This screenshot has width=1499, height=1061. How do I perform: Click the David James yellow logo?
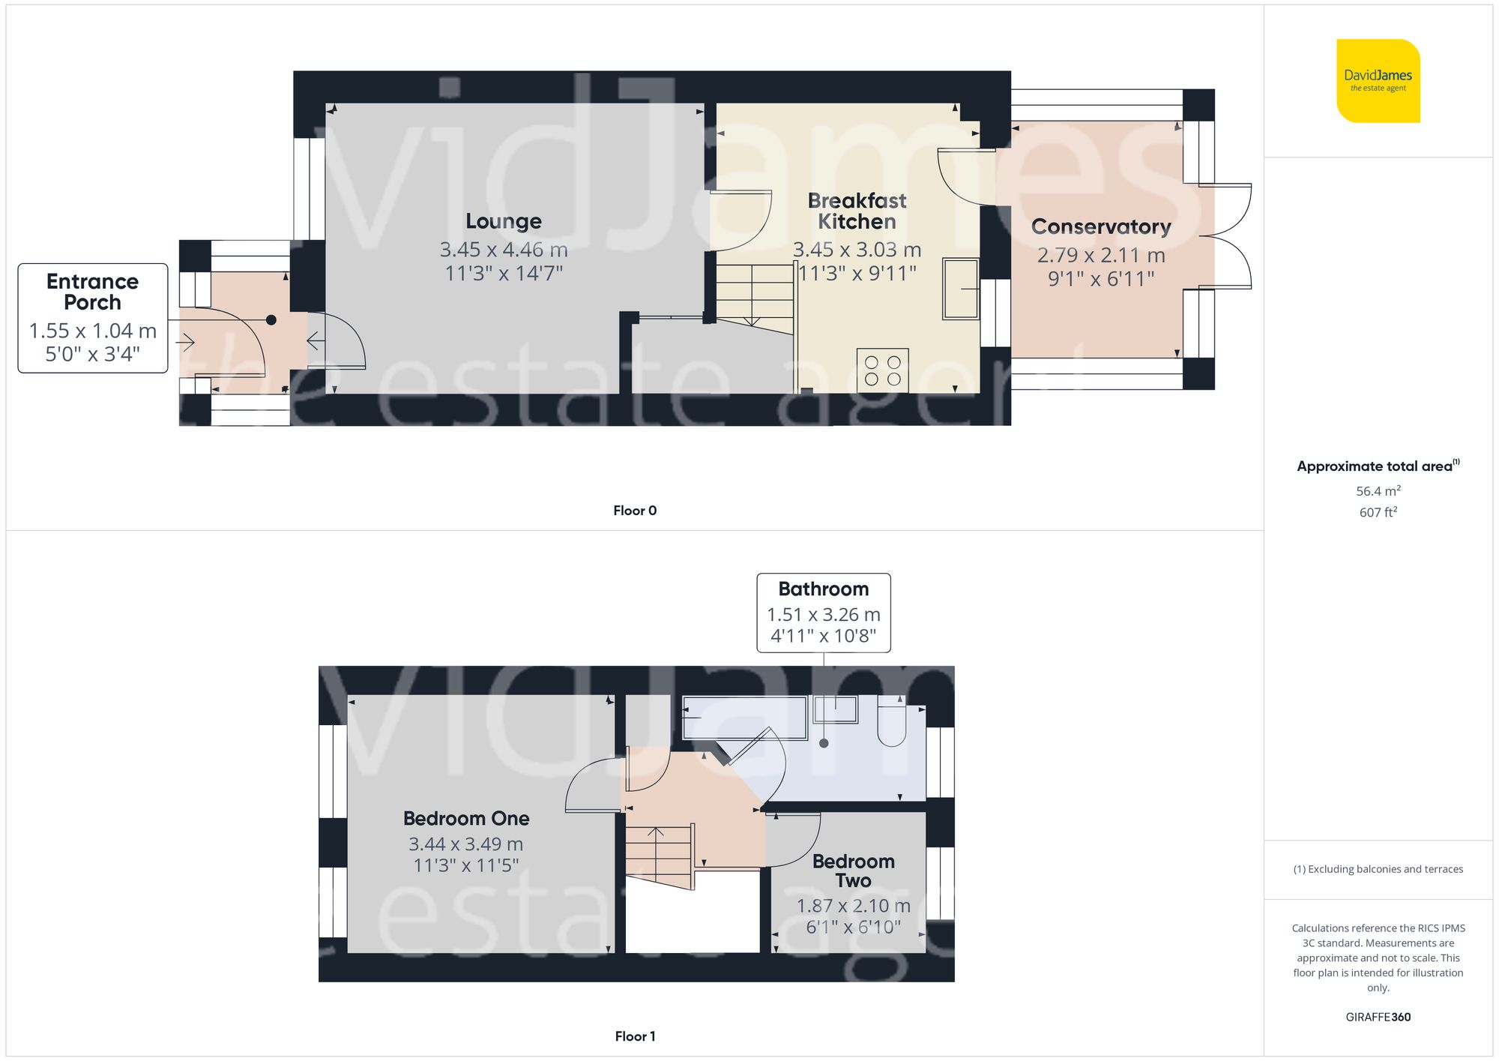[1378, 81]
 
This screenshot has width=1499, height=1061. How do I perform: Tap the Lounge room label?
[504, 221]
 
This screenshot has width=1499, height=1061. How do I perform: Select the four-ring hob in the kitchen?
[882, 370]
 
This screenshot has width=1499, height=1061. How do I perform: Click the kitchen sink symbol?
[960, 289]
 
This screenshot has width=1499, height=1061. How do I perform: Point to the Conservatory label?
[1100, 226]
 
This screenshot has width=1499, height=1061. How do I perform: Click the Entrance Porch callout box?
[92, 318]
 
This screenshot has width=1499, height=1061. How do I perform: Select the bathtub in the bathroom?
[744, 718]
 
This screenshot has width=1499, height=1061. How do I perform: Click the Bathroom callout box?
[823, 613]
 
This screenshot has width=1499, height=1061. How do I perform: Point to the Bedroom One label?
[466, 818]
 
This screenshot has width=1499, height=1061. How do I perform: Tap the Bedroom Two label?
[853, 871]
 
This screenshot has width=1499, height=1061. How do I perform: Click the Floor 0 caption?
[634, 511]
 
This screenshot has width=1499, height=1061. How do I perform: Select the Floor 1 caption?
[634, 1036]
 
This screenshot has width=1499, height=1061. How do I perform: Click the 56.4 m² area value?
[1378, 491]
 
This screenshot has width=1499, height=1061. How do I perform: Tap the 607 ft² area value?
[1378, 512]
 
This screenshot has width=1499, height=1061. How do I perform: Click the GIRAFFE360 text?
[1378, 1017]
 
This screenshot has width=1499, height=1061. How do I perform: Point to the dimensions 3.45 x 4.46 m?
[504, 250]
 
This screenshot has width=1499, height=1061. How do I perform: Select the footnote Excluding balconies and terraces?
[1378, 869]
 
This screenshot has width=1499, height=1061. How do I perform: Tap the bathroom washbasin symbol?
[836, 709]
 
